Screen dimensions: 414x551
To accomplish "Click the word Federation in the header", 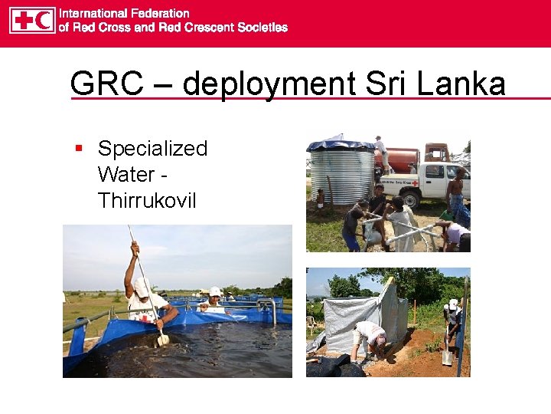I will tap(159, 13).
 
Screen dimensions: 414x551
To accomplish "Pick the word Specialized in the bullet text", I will tap(153, 149).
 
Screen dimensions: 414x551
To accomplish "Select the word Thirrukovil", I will tap(147, 201).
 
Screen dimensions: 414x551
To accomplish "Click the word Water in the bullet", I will tap(126, 175).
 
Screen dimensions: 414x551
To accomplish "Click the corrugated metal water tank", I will tap(341, 173).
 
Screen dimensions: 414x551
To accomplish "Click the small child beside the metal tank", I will tap(320, 198).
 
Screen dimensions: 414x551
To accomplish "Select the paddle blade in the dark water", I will tap(163, 339).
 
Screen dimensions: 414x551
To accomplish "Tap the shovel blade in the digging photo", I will tap(447, 356).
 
